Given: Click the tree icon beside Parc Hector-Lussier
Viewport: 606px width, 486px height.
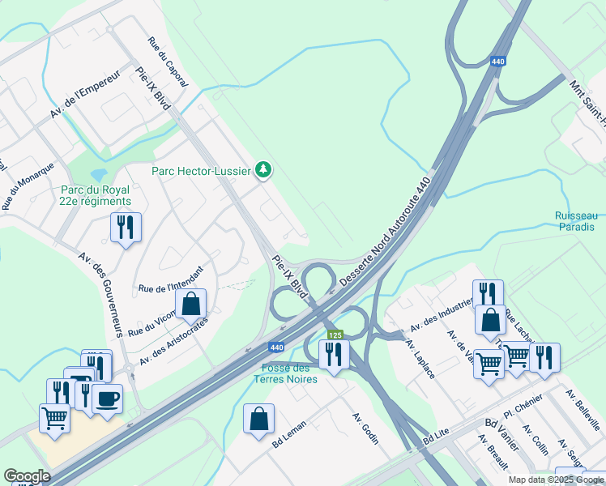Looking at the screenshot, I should point(262,169).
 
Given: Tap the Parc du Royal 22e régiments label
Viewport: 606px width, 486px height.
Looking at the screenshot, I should point(96,195).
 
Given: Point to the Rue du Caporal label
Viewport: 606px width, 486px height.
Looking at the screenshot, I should point(169,62).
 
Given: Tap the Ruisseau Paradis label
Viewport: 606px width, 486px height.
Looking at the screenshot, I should point(577,221).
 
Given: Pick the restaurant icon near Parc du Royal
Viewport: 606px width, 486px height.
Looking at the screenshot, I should point(126,227).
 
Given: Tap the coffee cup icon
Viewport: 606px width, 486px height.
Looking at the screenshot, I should point(107,398).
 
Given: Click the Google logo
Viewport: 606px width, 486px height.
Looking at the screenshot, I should point(27,475).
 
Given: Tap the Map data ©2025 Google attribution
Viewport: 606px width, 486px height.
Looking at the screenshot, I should point(555,480).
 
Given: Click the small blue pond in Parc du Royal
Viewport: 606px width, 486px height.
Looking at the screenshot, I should point(99,174).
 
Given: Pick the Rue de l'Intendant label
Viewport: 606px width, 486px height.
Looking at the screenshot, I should point(169,279).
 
